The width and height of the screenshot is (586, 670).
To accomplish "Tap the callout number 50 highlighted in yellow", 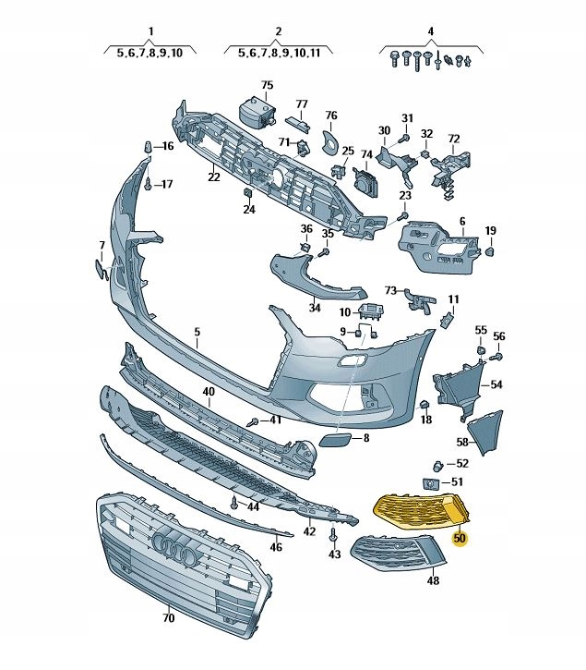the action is pos(460,538).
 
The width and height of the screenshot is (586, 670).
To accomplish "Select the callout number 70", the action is pos(169,618).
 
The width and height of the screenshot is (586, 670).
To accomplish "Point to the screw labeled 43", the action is pos(334,534).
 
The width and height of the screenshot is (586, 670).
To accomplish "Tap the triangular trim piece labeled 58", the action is pos(485,431).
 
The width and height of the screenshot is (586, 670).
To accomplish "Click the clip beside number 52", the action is pos(438,466).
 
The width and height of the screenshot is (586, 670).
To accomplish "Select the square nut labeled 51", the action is pos(430,484).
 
